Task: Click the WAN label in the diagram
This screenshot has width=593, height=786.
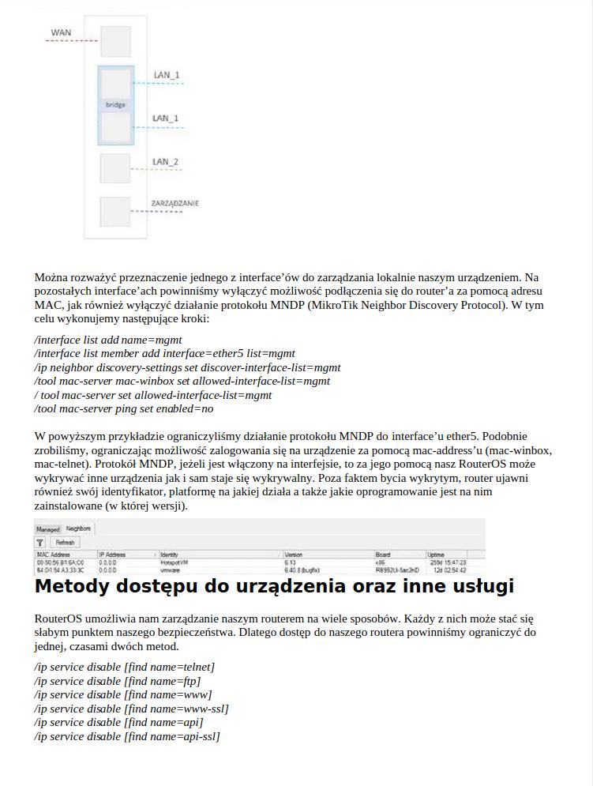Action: click(61, 33)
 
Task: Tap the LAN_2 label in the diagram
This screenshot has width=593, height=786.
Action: click(165, 162)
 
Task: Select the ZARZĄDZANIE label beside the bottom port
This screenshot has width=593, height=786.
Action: click(175, 204)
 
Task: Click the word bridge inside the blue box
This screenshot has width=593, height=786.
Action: click(115, 105)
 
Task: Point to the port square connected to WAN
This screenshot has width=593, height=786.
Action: click(115, 41)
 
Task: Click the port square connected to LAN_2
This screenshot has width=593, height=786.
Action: click(115, 168)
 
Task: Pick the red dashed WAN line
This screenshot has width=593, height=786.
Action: click(71, 41)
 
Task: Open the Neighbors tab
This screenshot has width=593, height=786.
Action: click(78, 528)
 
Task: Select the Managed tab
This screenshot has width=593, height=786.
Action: click(48, 528)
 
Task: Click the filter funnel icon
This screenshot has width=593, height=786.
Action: click(40, 543)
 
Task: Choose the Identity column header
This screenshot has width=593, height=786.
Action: click(170, 555)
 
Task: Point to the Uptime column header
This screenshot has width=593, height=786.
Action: click(437, 555)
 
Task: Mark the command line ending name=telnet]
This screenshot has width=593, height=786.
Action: click(125, 667)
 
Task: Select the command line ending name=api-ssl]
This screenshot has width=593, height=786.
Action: click(127, 736)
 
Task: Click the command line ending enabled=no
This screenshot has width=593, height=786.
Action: click(124, 409)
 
